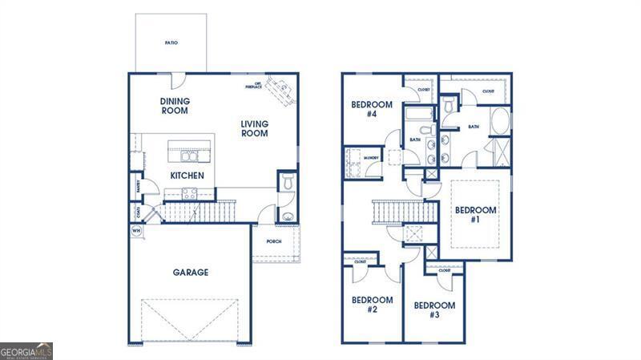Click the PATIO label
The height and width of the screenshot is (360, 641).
[x=171, y=42]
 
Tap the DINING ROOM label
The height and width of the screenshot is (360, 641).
[x=174, y=106]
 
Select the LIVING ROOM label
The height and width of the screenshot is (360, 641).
[x=254, y=128]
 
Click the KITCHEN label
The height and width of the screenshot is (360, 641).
[x=187, y=176]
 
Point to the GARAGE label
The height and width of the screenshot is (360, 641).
[x=191, y=273]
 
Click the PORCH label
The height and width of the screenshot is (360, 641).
[x=273, y=241]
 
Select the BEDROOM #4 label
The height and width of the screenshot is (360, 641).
[x=372, y=109]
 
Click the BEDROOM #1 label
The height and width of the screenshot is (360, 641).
[x=476, y=214]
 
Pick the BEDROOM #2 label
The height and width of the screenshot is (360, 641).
[x=373, y=305]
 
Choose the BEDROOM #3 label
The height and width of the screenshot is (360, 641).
[x=434, y=309]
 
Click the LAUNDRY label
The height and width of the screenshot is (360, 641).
[x=372, y=158]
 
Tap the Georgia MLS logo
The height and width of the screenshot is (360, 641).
[x=26, y=351]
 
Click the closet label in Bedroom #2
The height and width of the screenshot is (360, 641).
[x=361, y=261]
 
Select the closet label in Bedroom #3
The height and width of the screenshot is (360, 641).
[x=445, y=271]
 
